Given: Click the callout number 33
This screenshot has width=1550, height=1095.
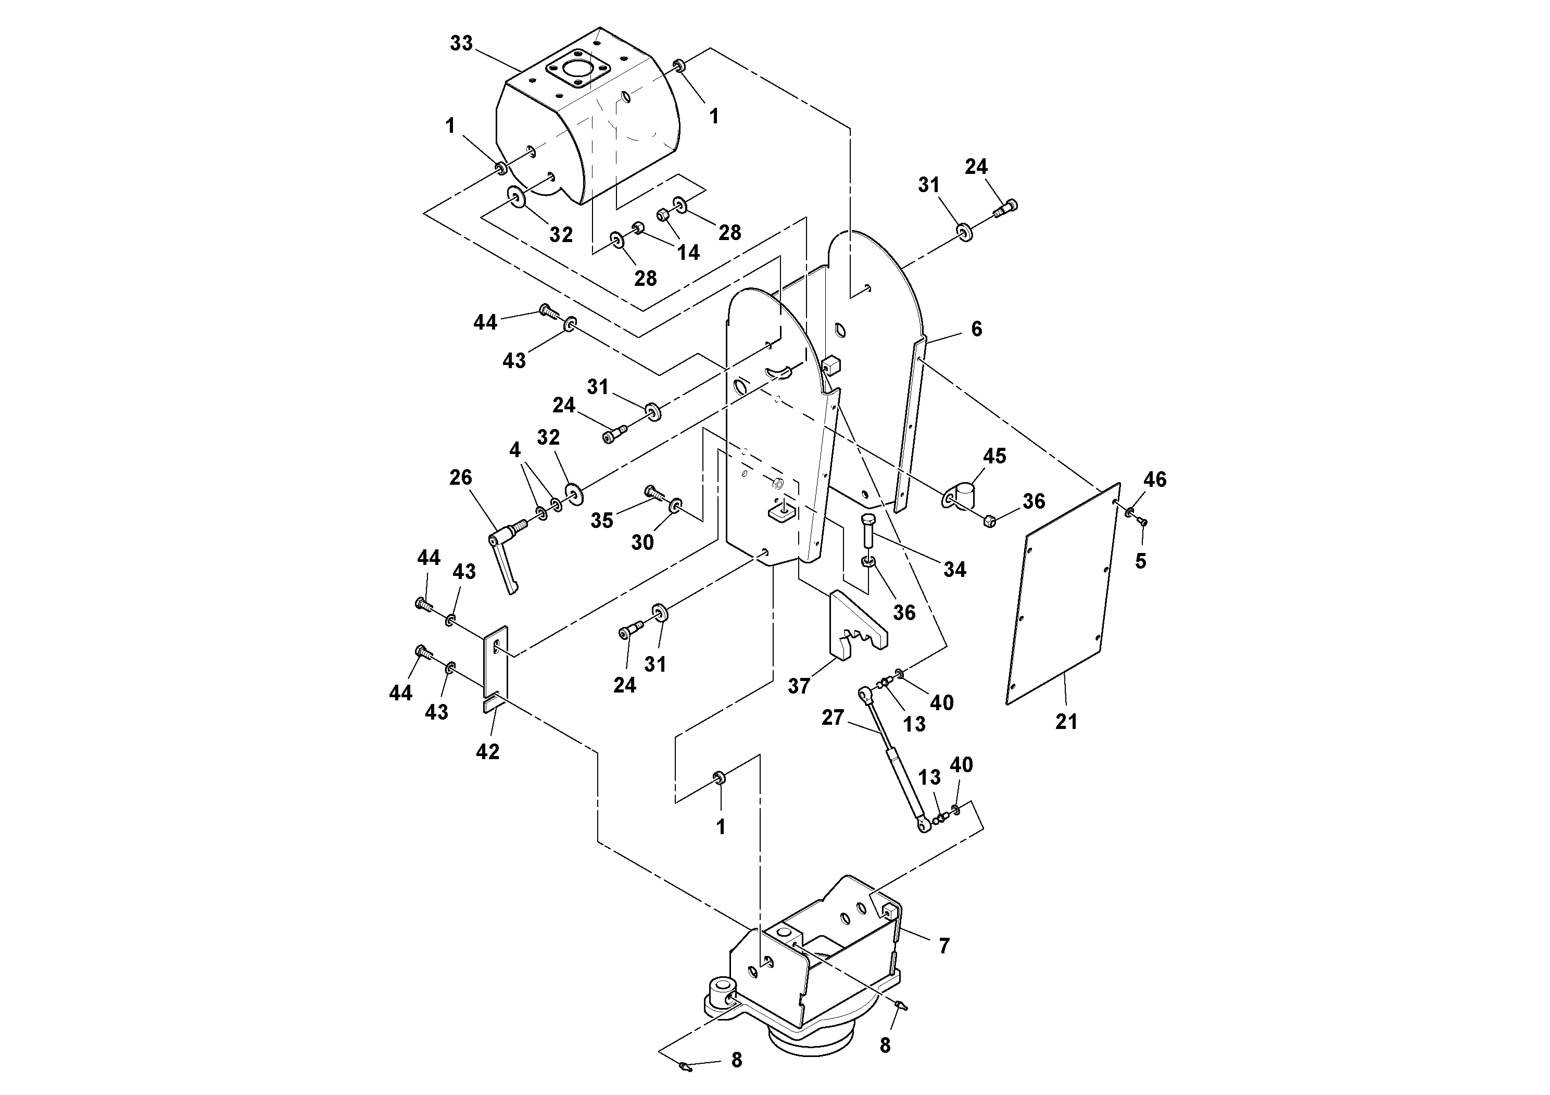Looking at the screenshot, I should coord(461,43).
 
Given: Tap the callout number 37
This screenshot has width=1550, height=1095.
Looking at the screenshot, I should coord(799,686).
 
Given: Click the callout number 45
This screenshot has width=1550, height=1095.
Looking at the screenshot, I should coord(994,456).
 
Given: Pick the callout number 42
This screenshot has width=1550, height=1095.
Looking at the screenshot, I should coord(487,751).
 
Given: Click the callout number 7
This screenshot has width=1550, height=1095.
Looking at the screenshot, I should coord(944,946).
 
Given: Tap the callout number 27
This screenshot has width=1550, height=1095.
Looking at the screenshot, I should coord(833,717).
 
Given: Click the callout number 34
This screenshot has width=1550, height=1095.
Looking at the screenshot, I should coord(954,569).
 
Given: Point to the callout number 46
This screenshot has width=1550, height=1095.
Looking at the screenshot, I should coord(1154,480).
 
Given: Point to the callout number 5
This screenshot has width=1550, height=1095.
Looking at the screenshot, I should coord(1140,561).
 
